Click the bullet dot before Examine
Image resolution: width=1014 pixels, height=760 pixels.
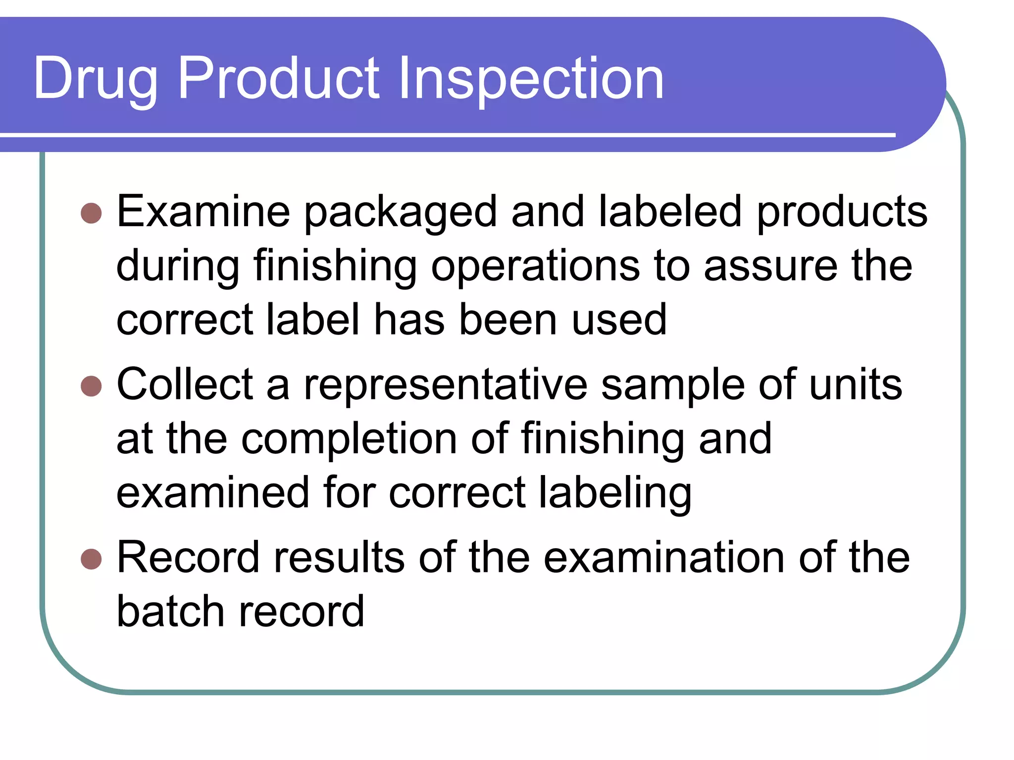point(91,213)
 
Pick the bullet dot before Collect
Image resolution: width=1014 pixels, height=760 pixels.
point(91,386)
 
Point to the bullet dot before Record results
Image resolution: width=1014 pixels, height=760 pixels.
point(91,559)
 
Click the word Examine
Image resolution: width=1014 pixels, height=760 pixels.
point(203,212)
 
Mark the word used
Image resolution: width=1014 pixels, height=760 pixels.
point(619,320)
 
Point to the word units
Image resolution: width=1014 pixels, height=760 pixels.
point(856,385)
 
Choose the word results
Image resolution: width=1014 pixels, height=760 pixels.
point(339,558)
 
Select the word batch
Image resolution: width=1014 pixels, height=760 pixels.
point(171,612)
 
